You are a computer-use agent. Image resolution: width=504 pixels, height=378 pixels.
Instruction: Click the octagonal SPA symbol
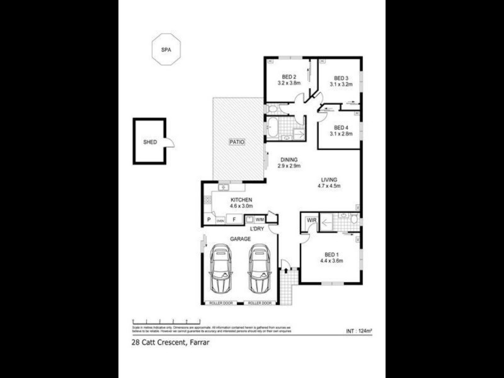[166, 48]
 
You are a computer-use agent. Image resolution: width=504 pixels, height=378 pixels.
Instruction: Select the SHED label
[149, 142]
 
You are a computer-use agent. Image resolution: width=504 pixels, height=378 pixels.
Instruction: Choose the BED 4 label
[341, 127]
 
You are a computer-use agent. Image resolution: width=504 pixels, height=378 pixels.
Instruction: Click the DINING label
[289, 159]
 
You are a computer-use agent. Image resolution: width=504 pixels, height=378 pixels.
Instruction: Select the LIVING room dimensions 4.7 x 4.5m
[328, 186]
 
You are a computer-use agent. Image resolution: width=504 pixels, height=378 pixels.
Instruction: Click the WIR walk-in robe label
[311, 220]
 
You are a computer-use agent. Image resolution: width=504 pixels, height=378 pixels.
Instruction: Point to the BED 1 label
[331, 254]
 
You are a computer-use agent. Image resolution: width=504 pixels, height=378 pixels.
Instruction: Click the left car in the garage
[220, 269]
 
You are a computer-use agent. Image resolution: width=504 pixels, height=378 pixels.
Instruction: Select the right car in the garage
[259, 269]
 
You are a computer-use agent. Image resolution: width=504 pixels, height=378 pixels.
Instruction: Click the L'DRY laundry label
[257, 229]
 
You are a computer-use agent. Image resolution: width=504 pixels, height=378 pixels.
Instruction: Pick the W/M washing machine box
[260, 219]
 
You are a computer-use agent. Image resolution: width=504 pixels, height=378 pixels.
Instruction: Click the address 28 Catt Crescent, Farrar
[171, 343]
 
